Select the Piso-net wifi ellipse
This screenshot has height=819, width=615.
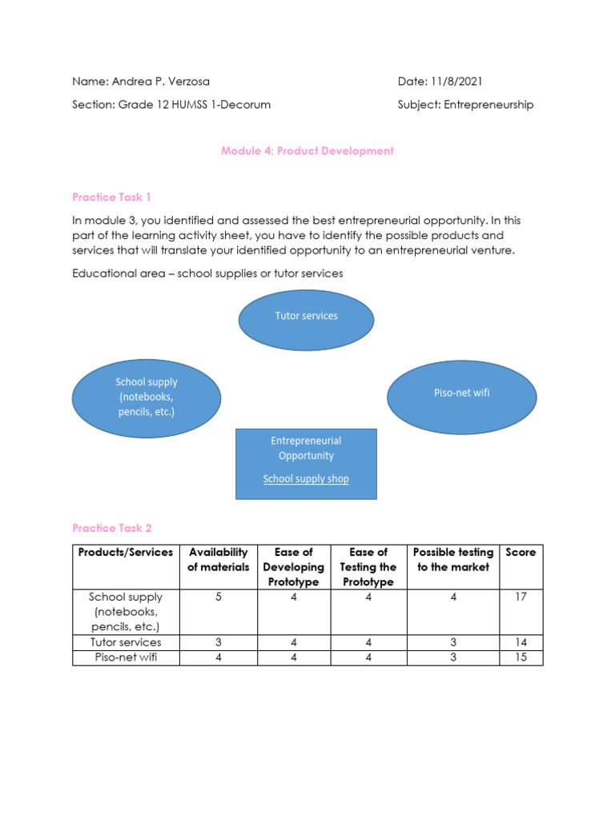coord(461,394)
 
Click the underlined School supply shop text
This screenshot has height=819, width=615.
coord(306,479)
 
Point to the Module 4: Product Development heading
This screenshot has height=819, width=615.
coord(307,150)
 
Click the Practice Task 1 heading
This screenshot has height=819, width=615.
coord(111,197)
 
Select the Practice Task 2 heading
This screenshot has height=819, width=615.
coord(111,528)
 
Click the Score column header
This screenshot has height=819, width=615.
coord(521,552)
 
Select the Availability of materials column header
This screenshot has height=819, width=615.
coord(218,559)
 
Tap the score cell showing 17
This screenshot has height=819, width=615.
coord(521,597)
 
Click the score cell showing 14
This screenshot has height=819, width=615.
coord(521,642)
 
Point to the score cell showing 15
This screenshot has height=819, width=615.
coord(521,657)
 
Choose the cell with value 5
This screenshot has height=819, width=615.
coord(219,597)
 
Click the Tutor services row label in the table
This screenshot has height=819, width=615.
coord(125,642)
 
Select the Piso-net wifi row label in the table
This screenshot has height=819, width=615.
coord(125,657)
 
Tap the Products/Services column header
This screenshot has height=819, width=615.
coord(125,552)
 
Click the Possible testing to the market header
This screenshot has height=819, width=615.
coord(452,559)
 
